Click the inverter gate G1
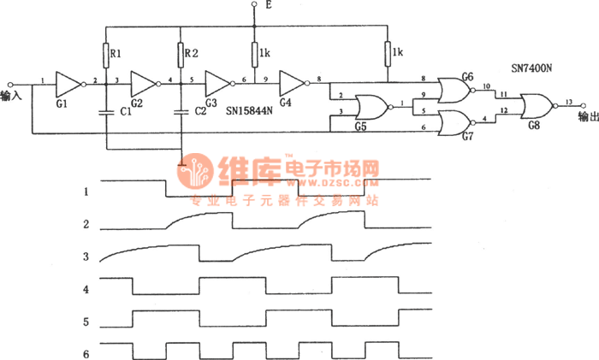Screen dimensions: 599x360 [68, 83]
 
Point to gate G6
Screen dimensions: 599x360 [453, 89]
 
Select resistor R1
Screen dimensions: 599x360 [105, 56]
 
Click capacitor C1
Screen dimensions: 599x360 [105, 111]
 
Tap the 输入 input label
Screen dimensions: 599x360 [11, 97]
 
